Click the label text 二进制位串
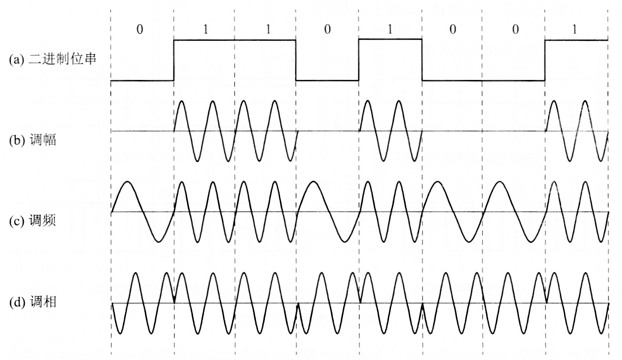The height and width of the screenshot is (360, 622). coord(62,59)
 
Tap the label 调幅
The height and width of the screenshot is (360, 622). coord(43,140)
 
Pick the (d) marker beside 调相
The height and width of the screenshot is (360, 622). coord(17,303)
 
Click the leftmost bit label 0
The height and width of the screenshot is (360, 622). coord(140,30)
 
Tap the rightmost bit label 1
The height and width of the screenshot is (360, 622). coord(575,30)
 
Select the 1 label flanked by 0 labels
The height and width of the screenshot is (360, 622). coord(390,30)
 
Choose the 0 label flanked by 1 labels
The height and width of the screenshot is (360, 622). coord(327,30)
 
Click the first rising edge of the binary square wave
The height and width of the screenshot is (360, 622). coord(174,60)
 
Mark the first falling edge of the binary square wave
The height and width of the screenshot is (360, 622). coord(296,60)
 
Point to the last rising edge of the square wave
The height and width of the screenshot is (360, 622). coord(545,60)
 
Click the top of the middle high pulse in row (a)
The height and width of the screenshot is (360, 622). coord(390,39)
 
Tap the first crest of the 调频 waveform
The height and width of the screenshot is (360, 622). coord(127,182)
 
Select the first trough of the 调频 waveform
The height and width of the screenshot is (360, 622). coord(159,242)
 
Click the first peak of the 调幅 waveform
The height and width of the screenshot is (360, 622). coord(182,101)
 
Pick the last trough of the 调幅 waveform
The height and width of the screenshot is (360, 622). coord(601,161)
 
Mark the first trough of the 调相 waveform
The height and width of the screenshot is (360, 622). coord(120,333)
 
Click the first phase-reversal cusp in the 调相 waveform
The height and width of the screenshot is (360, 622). coord(174,302)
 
